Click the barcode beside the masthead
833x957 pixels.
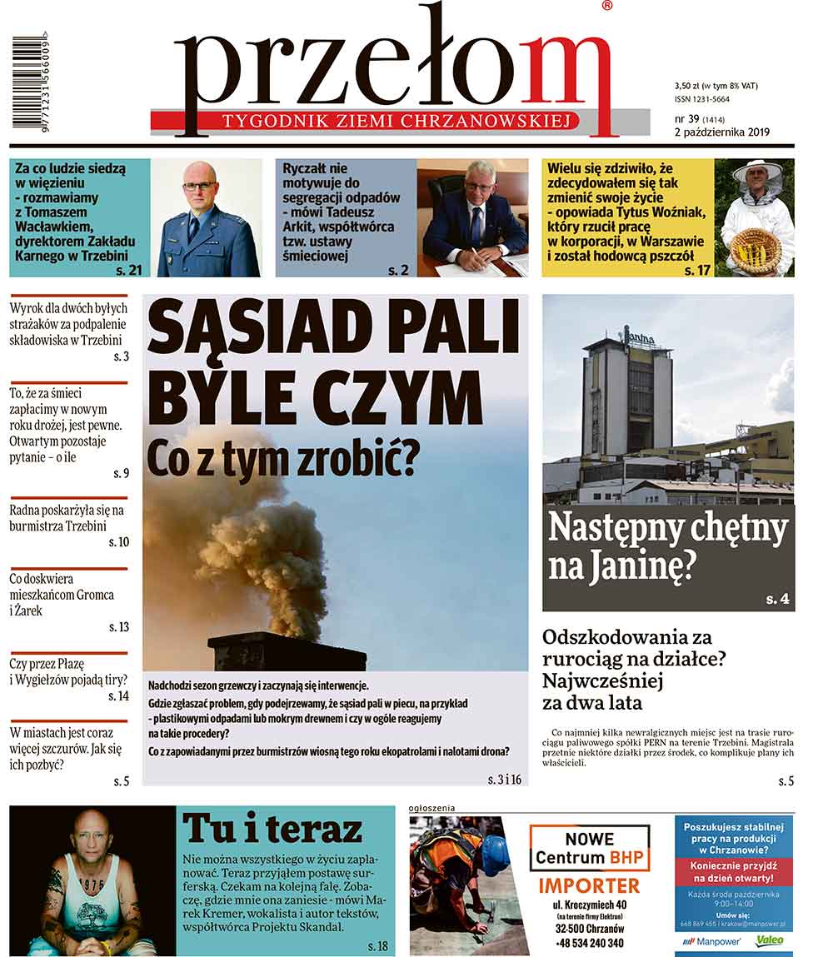[x=29, y=82]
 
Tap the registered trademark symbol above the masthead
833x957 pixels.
[x=606, y=6]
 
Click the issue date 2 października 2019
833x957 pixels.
[x=721, y=132]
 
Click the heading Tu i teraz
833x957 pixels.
[x=272, y=828]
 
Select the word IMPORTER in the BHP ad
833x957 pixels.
[x=589, y=885]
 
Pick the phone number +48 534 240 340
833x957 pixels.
[x=589, y=943]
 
